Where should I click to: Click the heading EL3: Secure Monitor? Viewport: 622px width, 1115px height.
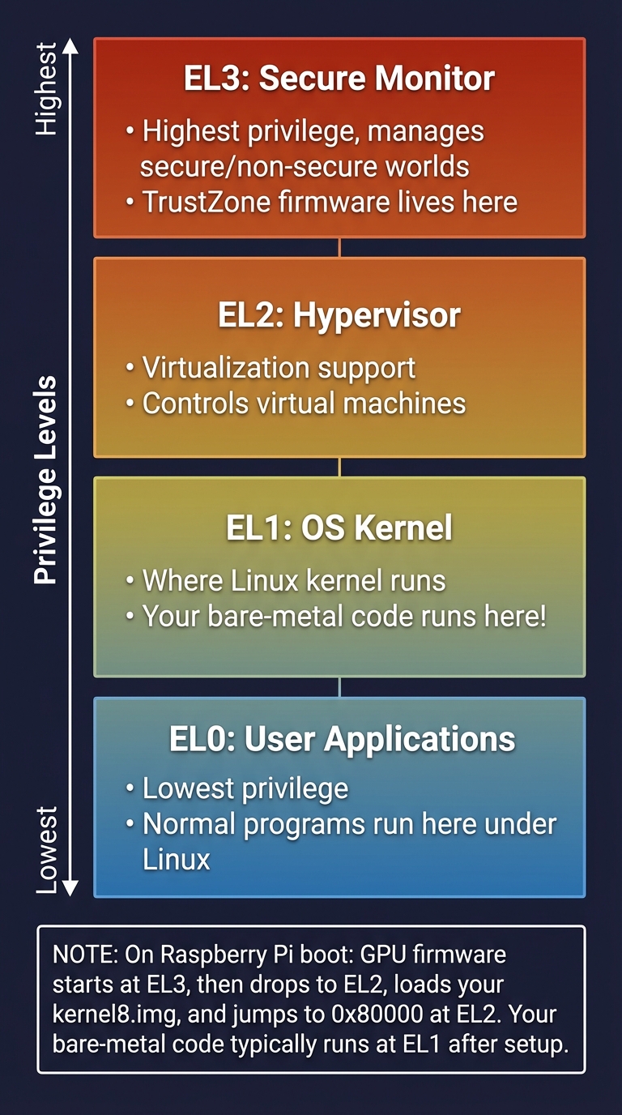pos(339,79)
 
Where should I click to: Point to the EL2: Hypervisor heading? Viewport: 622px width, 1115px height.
pos(339,315)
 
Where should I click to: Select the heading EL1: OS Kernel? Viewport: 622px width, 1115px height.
pos(339,528)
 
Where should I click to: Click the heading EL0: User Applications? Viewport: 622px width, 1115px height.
pos(342,739)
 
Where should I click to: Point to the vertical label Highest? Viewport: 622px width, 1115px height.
pos(46,89)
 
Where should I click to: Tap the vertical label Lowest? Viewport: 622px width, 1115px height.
pos(46,849)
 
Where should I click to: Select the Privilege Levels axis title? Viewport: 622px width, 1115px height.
pos(45,480)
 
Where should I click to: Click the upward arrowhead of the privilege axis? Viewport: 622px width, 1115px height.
pos(70,45)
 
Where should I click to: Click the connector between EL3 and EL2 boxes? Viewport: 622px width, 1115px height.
pos(339,247)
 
